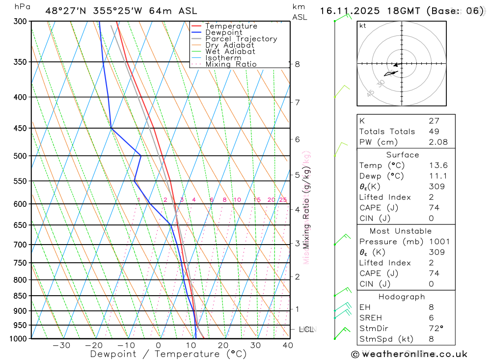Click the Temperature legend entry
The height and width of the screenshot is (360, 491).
coord(231,26)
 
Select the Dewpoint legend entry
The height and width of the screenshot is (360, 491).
coord(223,32)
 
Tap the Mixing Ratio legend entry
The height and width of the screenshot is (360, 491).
coord(231,64)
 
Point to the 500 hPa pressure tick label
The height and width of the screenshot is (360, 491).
coord(20,156)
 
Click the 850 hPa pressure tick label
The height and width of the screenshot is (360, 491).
coord(20,296)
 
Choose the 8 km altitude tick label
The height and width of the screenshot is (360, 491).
coord(297,64)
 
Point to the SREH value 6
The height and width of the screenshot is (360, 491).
coord(431,318)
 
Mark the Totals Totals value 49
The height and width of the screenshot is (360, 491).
coord(434,131)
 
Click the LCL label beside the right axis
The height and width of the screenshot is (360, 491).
coord(306,329)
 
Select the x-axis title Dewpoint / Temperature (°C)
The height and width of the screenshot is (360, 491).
coord(168,354)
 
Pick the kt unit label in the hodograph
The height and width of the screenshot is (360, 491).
coord(363,26)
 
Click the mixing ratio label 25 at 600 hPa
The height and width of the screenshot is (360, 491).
coord(283,200)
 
